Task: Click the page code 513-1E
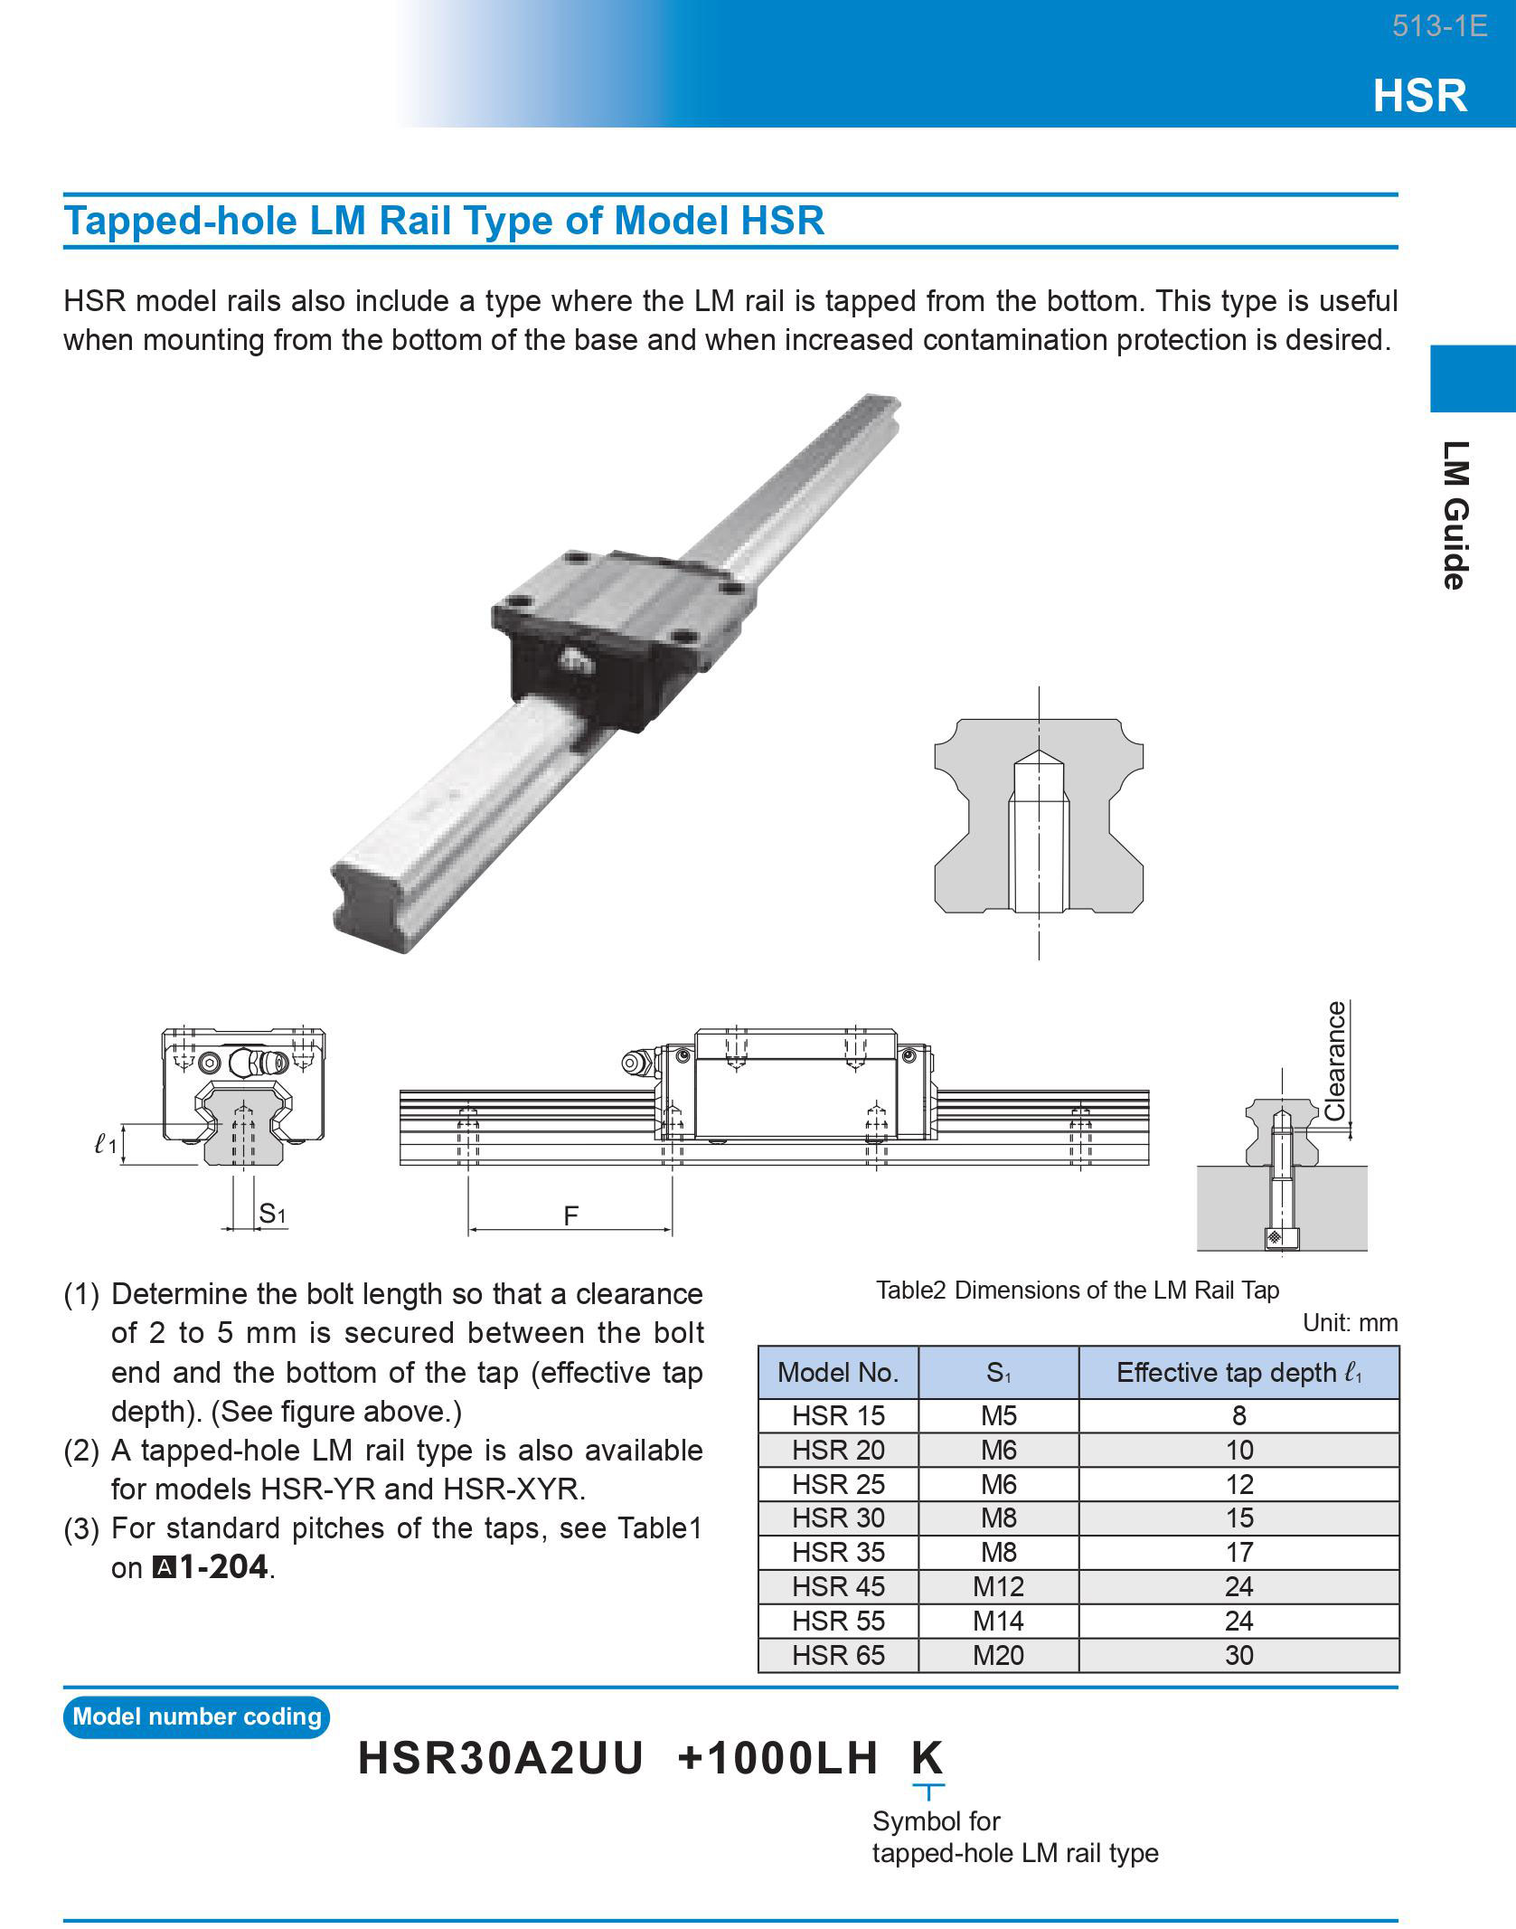coord(1439,26)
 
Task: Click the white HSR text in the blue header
coord(1419,95)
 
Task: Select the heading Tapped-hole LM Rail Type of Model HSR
coord(444,221)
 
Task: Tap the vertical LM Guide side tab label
coord(1455,515)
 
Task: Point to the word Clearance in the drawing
coord(1334,1061)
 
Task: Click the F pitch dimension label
coord(570,1215)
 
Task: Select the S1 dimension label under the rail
coord(271,1214)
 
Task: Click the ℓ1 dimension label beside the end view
coord(105,1144)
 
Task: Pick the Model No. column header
coord(838,1373)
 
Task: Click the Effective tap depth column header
coord(1238,1373)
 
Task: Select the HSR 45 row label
coord(838,1586)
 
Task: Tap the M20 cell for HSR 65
coord(998,1655)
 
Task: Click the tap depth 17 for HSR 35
coord(1238,1552)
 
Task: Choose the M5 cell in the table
coord(998,1415)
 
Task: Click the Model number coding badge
coord(196,1716)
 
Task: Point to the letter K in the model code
coord(927,1758)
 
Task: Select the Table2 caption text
coord(1077,1290)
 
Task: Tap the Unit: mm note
coord(1350,1323)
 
